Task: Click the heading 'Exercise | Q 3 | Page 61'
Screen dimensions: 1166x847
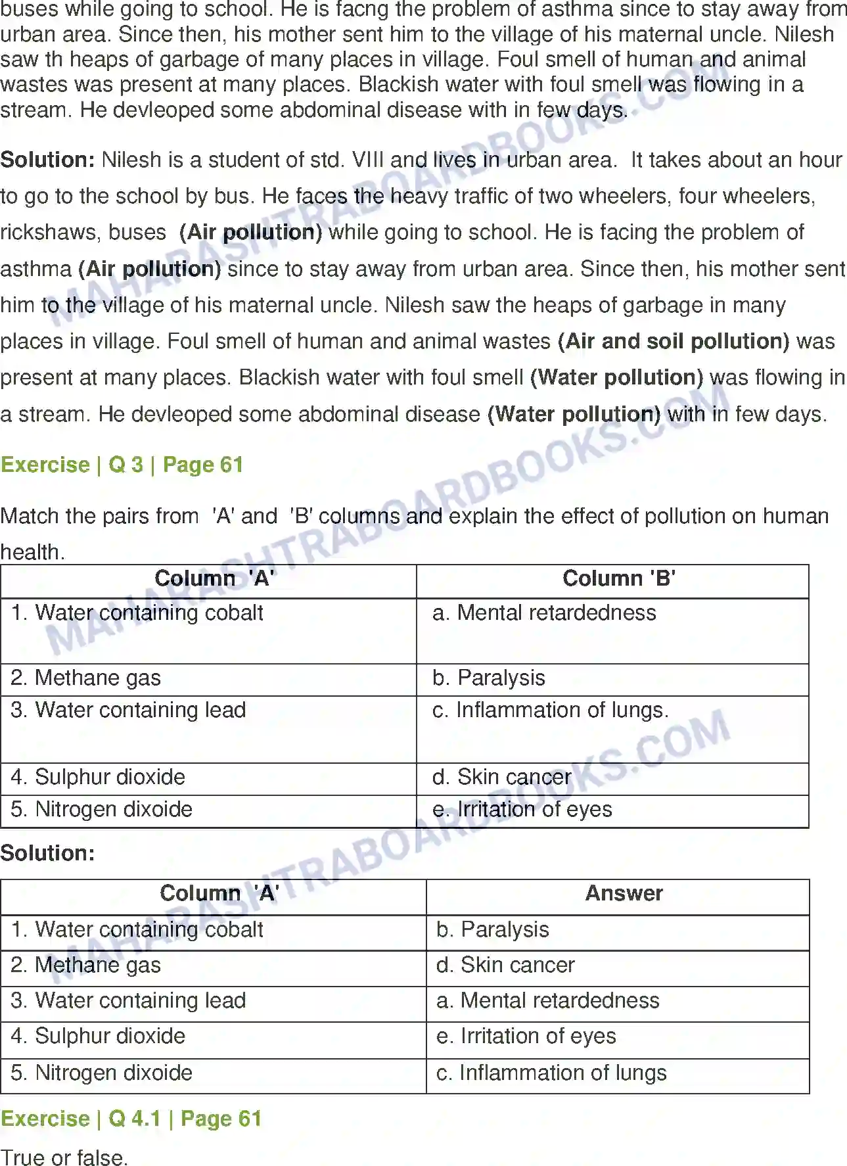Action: point(122,465)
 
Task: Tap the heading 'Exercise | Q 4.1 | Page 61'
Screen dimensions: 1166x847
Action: point(131,1118)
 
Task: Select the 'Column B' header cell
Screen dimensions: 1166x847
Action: point(618,578)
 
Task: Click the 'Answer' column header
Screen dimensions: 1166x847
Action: point(624,893)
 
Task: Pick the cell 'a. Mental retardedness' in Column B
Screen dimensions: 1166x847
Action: point(544,613)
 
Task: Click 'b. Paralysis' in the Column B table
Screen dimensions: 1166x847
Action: point(489,678)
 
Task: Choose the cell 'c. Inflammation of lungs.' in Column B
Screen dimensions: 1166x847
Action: point(551,710)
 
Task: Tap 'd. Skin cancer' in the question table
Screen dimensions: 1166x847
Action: point(501,777)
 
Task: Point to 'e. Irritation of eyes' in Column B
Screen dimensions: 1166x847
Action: point(522,809)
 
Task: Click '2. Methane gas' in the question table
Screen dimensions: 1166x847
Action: point(86,678)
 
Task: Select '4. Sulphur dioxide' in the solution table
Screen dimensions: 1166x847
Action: point(98,1036)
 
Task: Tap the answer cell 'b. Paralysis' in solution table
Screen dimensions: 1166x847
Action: point(492,929)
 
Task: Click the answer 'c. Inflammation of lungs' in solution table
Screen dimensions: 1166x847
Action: point(551,1073)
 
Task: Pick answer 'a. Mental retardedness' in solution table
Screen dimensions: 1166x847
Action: point(547,1000)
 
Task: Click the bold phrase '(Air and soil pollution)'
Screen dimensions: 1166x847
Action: point(674,341)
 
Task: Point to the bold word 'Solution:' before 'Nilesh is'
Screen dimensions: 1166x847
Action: point(48,160)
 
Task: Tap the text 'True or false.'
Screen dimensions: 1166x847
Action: point(64,1157)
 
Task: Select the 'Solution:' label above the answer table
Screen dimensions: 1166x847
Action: point(48,852)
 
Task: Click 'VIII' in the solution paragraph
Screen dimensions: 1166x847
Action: point(367,160)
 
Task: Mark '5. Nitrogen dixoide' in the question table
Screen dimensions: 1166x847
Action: point(102,809)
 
